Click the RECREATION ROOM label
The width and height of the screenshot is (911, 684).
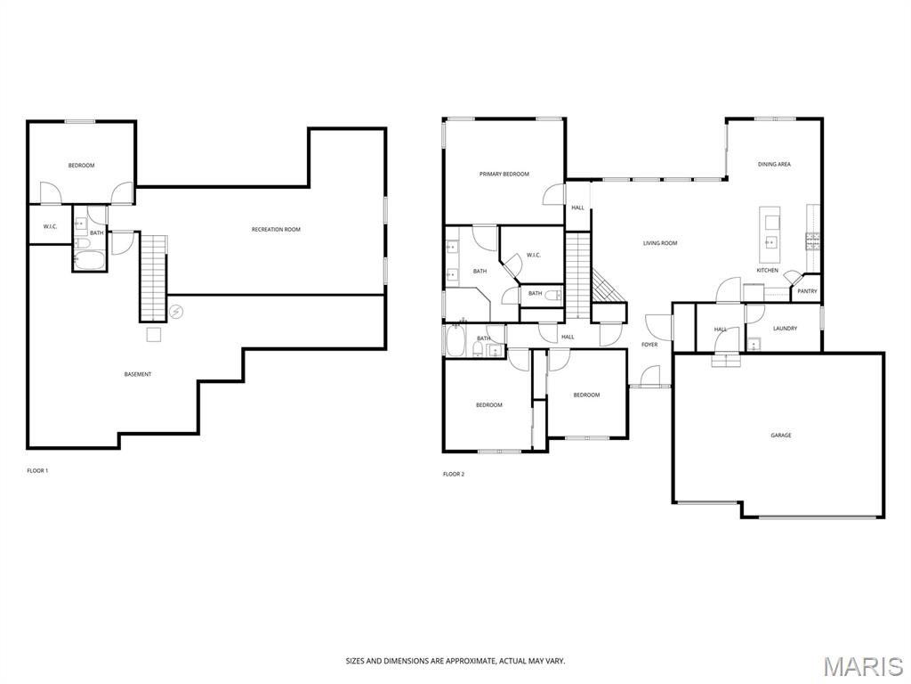(x=276, y=230)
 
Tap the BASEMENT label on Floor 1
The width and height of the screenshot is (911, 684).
(x=138, y=375)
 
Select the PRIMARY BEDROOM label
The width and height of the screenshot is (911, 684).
(x=504, y=174)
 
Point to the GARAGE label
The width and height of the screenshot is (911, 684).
(x=781, y=436)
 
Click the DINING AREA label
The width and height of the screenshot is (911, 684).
(x=774, y=165)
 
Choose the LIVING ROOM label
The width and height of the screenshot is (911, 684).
(x=660, y=243)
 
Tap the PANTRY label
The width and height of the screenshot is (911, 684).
(x=807, y=291)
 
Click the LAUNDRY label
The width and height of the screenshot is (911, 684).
(x=785, y=329)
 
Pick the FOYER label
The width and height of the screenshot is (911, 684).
(x=649, y=345)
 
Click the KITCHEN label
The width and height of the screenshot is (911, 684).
(x=767, y=271)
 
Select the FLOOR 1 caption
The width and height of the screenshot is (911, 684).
(x=37, y=471)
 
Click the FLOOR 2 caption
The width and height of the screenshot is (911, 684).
(x=454, y=475)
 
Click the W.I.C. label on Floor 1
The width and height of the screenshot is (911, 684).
(x=50, y=227)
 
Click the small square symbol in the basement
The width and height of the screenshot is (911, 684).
(x=153, y=335)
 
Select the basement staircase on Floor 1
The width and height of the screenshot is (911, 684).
(x=153, y=278)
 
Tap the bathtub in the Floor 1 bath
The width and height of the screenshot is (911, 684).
(x=90, y=261)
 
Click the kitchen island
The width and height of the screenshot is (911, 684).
(x=772, y=235)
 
